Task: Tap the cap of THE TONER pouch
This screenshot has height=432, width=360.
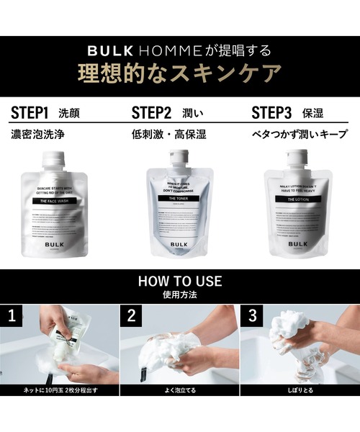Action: tap(179, 156)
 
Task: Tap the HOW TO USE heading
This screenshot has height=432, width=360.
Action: tap(180, 281)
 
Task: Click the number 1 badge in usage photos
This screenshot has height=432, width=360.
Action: tap(12, 315)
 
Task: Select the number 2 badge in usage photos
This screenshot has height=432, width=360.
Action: tap(132, 315)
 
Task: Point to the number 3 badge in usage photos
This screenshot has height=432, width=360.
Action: tap(251, 315)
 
